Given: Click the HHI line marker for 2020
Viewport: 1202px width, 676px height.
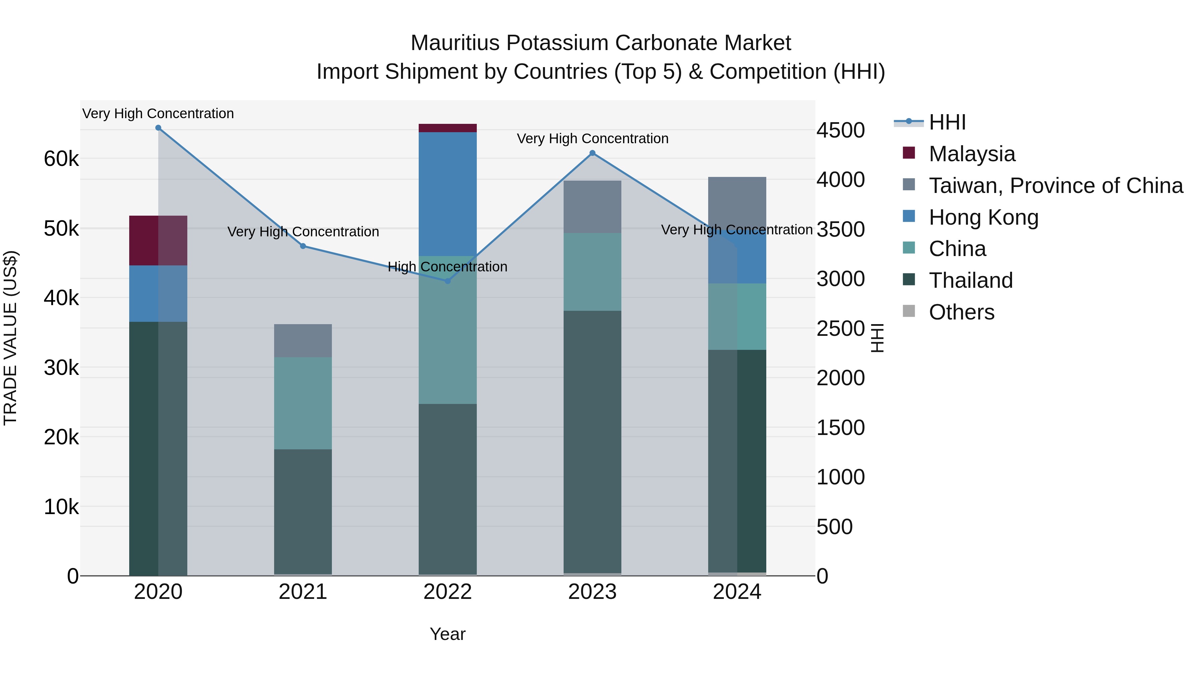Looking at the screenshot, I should (x=158, y=128).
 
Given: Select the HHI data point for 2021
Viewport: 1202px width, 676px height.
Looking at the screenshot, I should (x=303, y=246).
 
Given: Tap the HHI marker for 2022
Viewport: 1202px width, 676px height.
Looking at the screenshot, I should (x=447, y=281).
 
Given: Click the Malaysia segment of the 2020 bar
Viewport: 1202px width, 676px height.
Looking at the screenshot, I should (x=158, y=240).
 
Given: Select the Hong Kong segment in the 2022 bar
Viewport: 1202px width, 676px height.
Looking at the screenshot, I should (x=447, y=194).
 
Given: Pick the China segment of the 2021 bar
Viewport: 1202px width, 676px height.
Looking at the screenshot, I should (x=303, y=403).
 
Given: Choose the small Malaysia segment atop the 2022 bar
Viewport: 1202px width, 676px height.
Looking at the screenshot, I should (x=447, y=128).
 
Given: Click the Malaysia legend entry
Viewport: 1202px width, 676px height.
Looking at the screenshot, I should (x=972, y=154).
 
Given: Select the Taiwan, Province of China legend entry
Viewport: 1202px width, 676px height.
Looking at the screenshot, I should (x=1055, y=186).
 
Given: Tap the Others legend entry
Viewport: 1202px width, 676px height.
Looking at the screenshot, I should (x=961, y=312).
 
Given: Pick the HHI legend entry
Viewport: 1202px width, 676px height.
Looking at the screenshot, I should (x=947, y=122).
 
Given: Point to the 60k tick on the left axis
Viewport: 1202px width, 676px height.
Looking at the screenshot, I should (x=61, y=159).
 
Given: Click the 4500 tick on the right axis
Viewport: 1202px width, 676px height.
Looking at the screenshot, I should (x=840, y=130).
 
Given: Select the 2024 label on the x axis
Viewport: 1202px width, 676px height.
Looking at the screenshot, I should (x=737, y=592).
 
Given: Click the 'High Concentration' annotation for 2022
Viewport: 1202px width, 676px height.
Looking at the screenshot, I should (x=447, y=267).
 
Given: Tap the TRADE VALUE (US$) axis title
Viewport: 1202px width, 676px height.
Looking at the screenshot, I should (x=11, y=338).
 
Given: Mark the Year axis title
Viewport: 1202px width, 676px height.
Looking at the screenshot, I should (x=447, y=634).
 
